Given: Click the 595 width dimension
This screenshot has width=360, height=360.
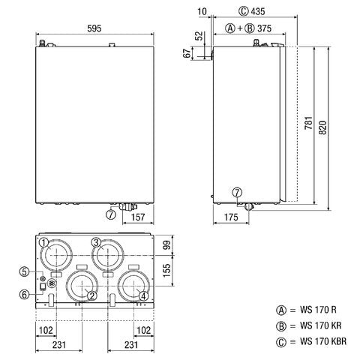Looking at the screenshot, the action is pos(94,28).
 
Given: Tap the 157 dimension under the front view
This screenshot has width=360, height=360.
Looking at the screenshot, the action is pos(138,217).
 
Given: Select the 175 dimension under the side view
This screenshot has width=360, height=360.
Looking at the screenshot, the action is pos(231,217).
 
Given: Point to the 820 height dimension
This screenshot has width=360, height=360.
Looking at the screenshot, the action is pos(322,127).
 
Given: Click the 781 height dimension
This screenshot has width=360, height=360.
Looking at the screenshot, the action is pos(309,123).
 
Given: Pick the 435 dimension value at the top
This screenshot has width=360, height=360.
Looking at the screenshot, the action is pos(257,11).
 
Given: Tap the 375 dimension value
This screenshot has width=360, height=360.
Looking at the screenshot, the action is pos(264,28).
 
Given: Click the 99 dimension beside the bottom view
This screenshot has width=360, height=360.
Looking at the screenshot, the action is pos(166,244).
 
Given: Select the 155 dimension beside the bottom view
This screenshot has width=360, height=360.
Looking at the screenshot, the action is pos(166,270).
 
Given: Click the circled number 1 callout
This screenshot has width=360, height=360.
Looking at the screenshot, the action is pos(44,242).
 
